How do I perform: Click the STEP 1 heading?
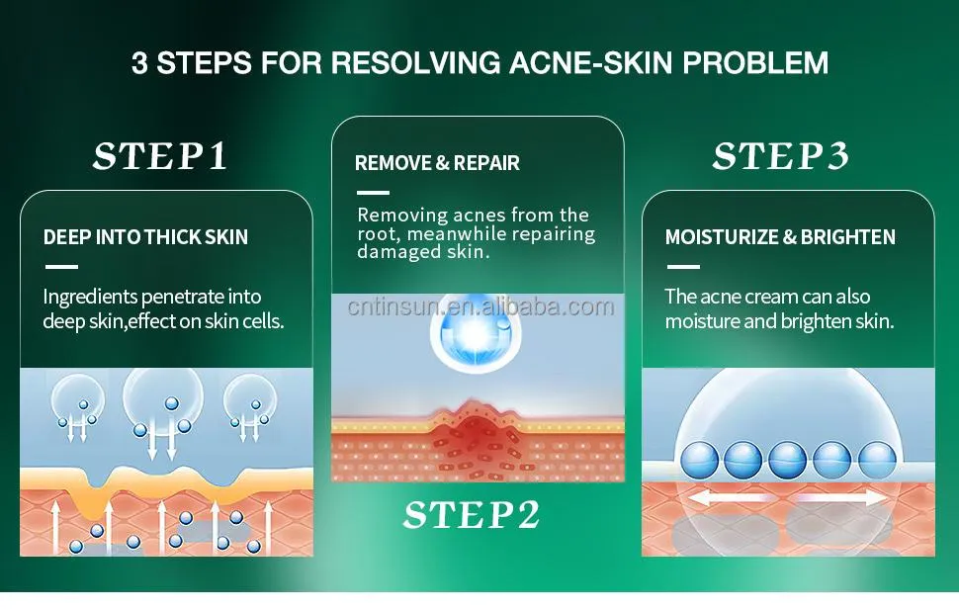pos(160,156)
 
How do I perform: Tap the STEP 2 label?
pos(472,515)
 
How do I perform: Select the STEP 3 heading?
pos(780,156)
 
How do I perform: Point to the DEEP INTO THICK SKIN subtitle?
pos(145,237)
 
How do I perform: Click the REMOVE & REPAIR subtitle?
pos(437,163)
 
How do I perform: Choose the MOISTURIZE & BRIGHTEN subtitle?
pos(780,237)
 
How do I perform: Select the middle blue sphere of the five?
pos(788,460)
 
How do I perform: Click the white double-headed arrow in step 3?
pos(788,497)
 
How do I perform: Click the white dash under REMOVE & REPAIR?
pos(372,192)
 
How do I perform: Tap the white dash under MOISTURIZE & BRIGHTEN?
pos(682,266)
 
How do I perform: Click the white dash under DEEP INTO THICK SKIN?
pos(61,266)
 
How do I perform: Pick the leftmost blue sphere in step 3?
pos(697,460)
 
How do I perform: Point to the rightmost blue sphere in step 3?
pos(877,460)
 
